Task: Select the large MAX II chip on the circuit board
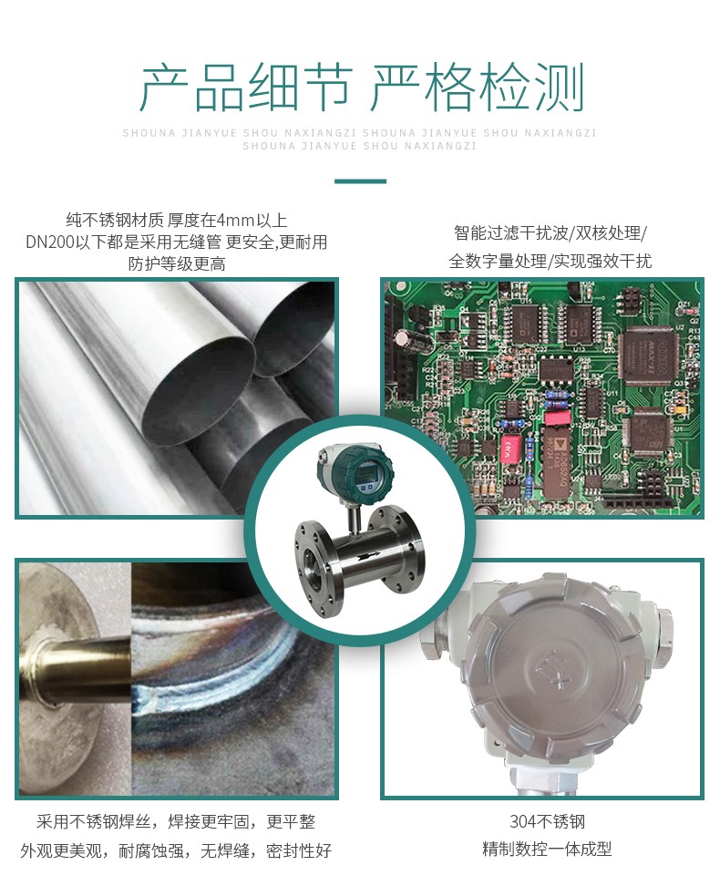[x=648, y=357]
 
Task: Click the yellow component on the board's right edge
[x=681, y=408]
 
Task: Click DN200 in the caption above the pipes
[x=50, y=242]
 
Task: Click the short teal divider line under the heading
[x=360, y=181]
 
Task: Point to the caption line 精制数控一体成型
[x=547, y=850]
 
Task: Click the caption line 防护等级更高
[x=177, y=263]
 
